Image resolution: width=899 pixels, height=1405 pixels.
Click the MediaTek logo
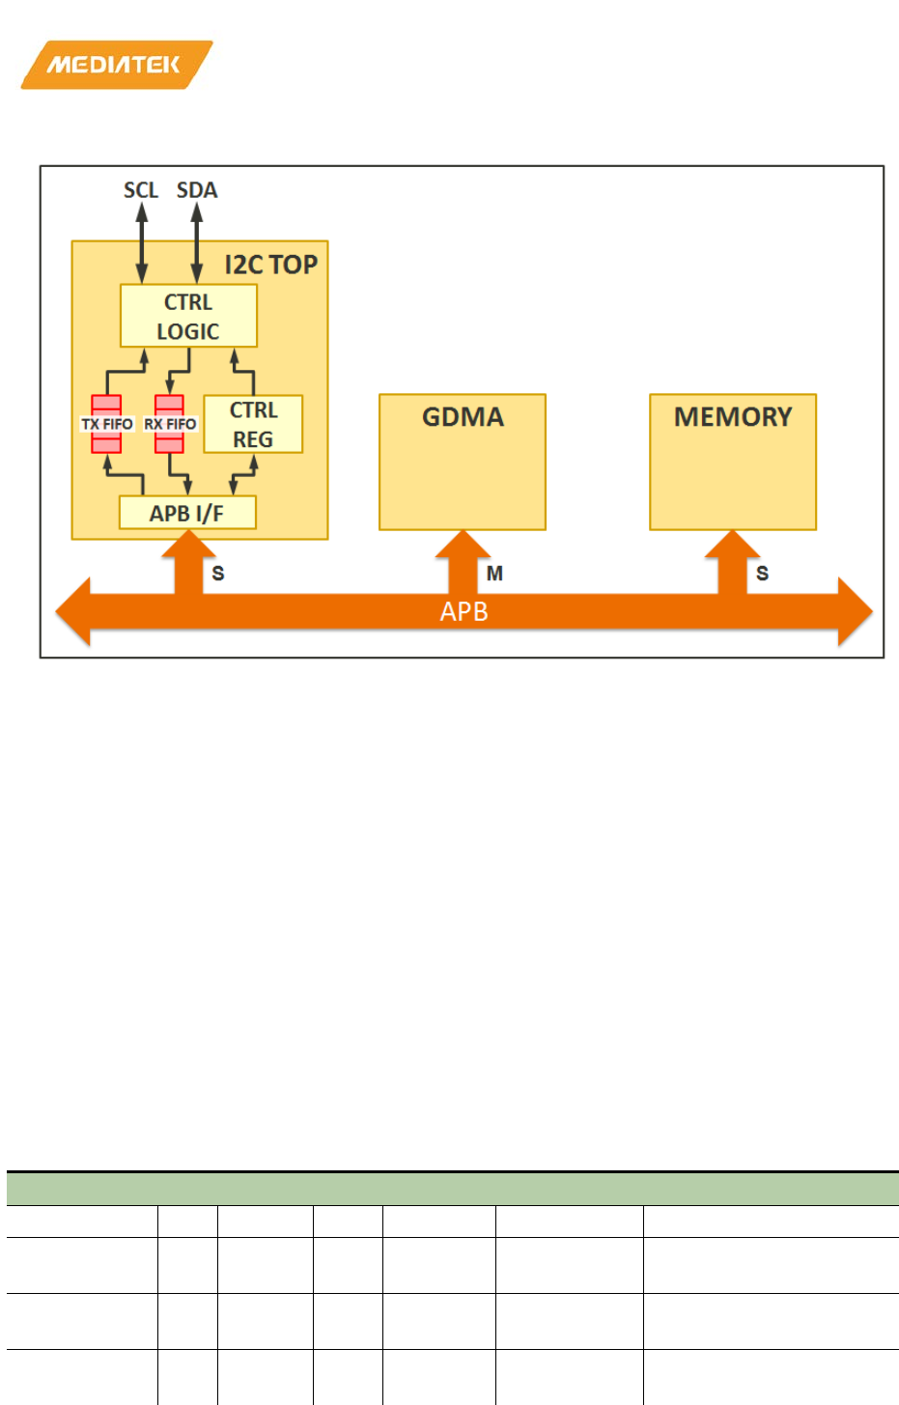pos(116,65)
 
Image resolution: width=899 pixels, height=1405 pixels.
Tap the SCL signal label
pos(141,190)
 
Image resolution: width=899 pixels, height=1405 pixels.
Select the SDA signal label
pos(197,190)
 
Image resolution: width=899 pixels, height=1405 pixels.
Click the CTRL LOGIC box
pos(188,316)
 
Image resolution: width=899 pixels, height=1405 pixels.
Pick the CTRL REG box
pos(253,424)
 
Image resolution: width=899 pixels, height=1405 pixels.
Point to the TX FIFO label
pos(107,424)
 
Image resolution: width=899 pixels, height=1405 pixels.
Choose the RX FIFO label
pos(170,424)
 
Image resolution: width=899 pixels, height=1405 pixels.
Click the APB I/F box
pos(187,513)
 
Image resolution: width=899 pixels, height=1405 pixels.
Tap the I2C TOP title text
pos(271,265)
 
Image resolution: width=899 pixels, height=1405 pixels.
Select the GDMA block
pos(463,462)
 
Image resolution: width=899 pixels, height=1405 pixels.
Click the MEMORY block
pos(733,462)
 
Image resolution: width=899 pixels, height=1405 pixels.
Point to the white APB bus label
pos(464,612)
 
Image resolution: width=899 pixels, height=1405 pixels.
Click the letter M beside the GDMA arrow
pos(494,574)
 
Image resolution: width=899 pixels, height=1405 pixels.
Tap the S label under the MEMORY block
pos(762,574)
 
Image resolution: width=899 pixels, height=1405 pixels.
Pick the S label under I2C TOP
pos(218,574)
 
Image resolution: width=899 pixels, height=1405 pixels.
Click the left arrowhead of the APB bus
pos(73,611)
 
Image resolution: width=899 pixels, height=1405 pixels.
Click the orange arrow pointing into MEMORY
pos(732,560)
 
